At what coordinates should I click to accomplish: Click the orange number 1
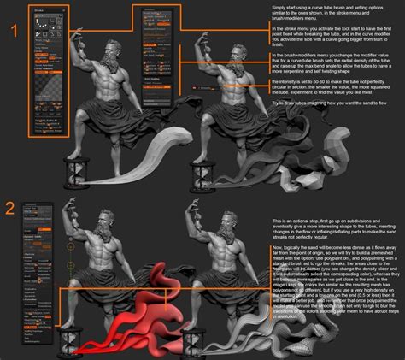pos(14,32)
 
